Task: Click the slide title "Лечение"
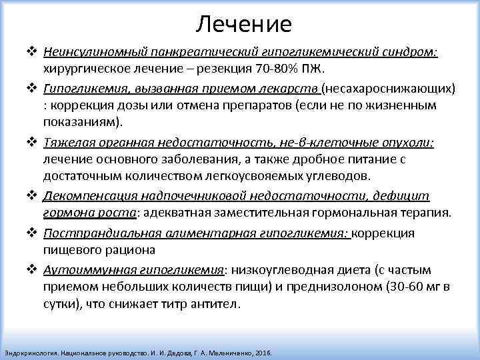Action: (x=244, y=25)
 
